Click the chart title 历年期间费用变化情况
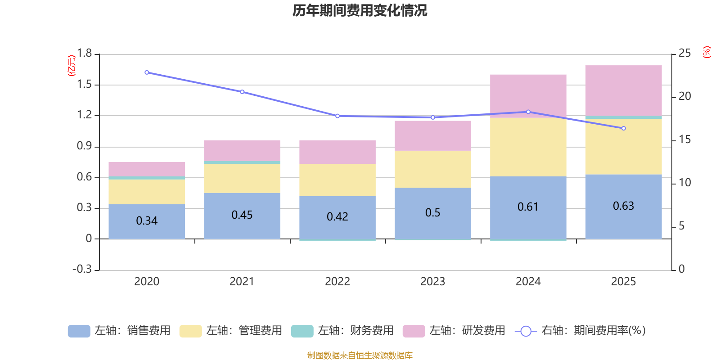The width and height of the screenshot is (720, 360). coord(360,10)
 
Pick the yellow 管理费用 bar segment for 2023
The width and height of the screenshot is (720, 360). coord(432,169)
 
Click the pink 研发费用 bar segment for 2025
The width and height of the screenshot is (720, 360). coord(623,90)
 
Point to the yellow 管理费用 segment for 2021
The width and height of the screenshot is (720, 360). coord(242,179)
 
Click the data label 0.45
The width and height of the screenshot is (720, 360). coord(242,215)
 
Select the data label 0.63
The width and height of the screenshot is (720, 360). coord(623,206)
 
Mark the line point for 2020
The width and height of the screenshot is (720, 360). coord(147,72)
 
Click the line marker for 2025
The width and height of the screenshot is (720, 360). coord(623,128)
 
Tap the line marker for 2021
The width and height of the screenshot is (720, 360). coord(242,92)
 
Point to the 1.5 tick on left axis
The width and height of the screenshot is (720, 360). coord(84,85)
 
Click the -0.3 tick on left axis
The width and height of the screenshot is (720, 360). coord(82,269)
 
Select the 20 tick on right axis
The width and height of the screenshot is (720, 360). coord(684,96)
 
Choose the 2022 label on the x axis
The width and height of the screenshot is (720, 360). coord(337,282)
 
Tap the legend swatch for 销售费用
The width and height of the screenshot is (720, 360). coord(79,331)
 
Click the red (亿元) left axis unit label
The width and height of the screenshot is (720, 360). coord(71,66)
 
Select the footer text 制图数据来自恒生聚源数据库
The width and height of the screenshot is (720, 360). coord(360,355)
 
